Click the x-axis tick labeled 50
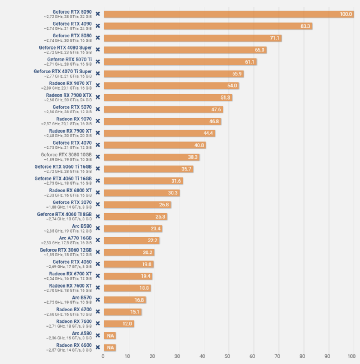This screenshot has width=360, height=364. (227, 356)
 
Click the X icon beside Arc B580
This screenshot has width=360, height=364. (98, 228)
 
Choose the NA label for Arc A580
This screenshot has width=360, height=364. (110, 335)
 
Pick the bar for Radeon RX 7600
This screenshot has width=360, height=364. (119, 324)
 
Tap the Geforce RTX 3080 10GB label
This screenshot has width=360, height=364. (66, 155)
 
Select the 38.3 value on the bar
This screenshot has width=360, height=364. (193, 157)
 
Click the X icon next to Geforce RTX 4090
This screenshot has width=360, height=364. (98, 26)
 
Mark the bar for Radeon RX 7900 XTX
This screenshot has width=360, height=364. (168, 98)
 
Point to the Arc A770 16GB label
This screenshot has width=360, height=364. (75, 238)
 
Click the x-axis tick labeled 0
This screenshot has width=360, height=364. (103, 356)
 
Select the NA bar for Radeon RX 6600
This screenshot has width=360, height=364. (110, 347)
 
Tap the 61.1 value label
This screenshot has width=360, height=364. (250, 62)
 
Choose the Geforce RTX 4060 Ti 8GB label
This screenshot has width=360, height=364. (64, 215)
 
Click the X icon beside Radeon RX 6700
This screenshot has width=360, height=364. (98, 311)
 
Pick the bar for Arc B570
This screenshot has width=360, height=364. (125, 300)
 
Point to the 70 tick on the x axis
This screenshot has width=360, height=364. (277, 356)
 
